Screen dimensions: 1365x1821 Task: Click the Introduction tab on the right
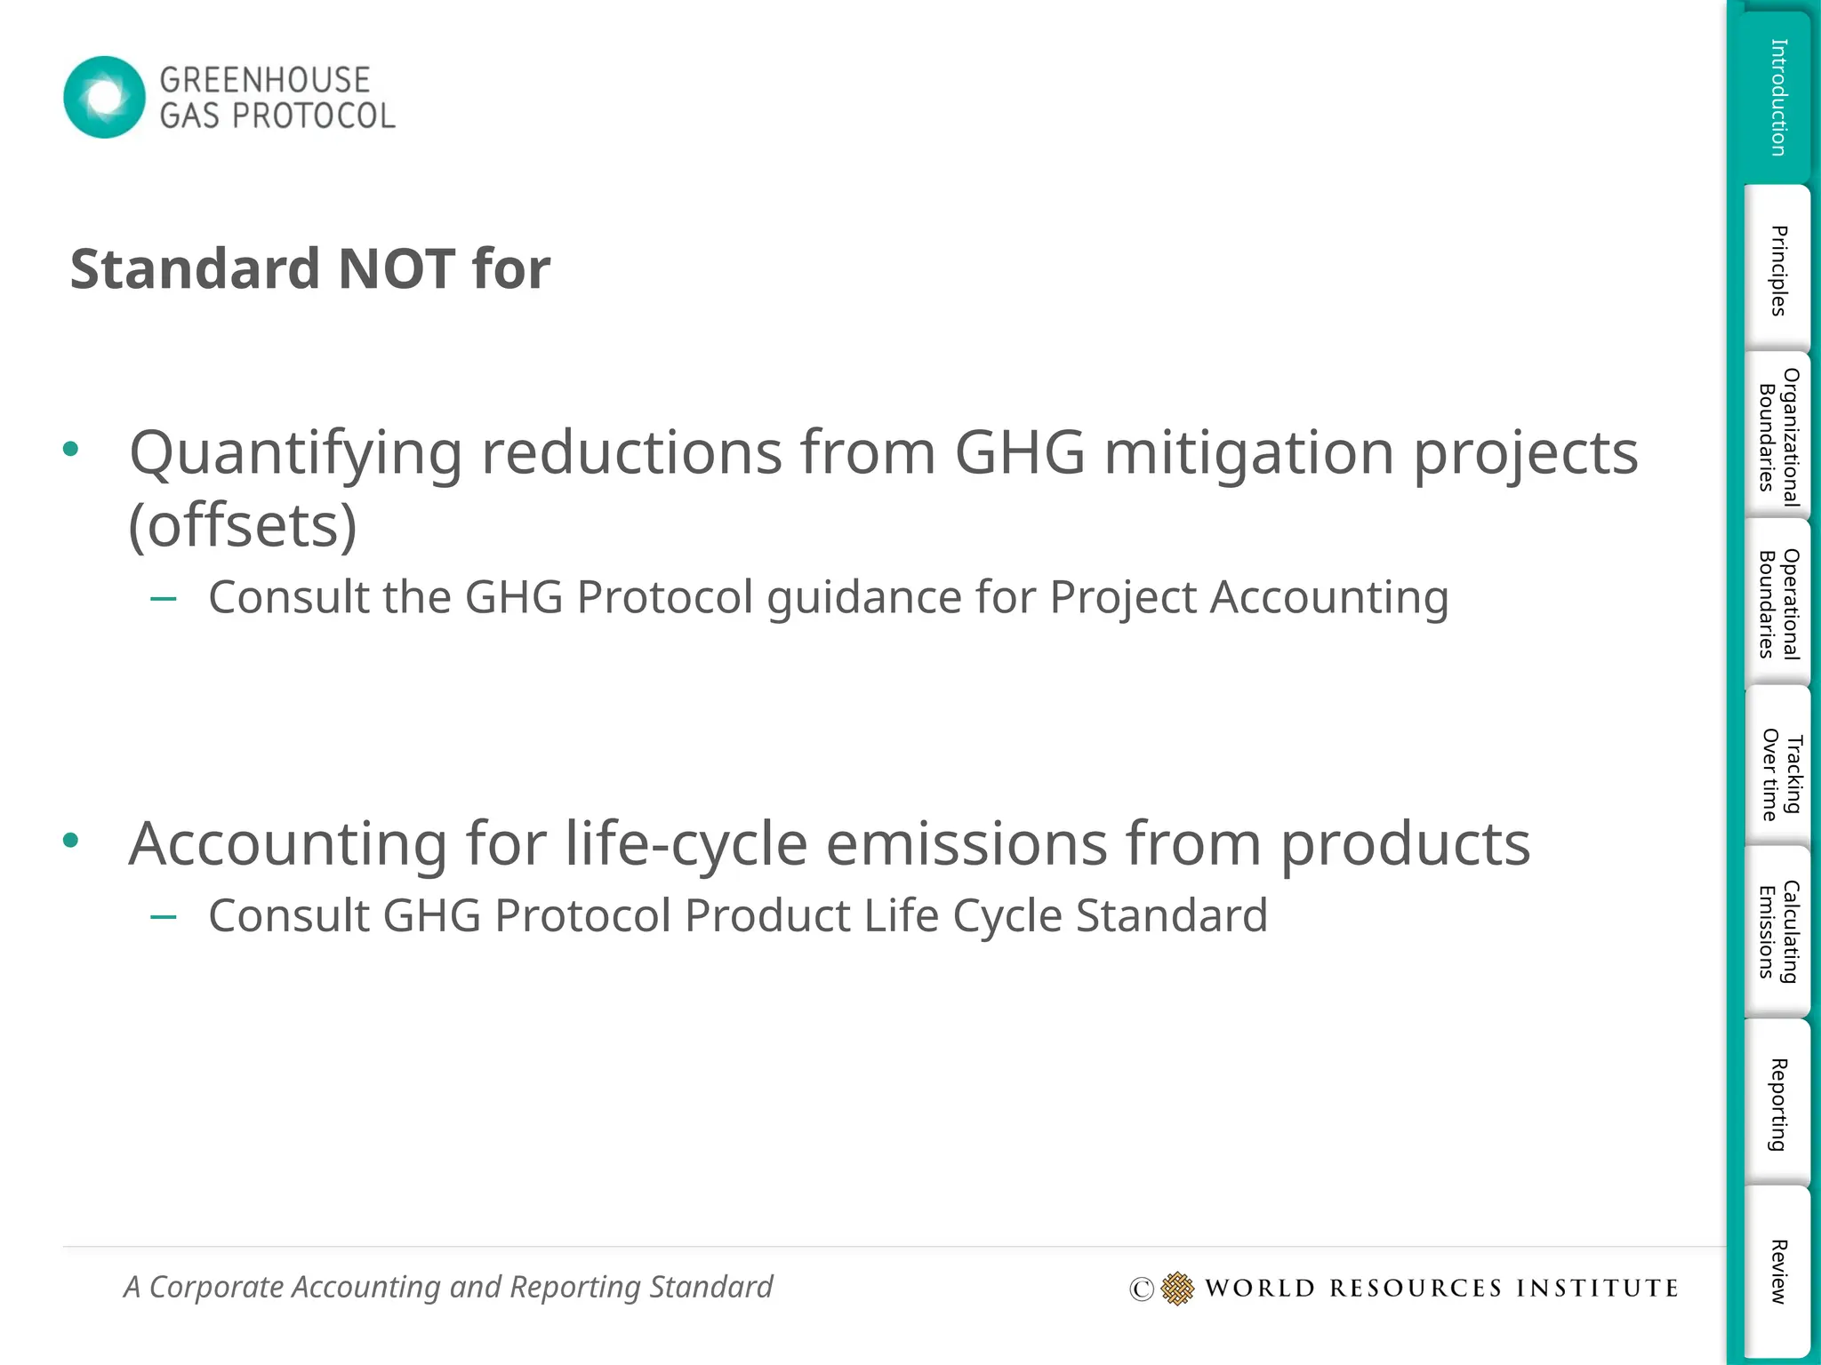(1777, 97)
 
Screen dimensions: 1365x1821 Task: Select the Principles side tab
(1777, 270)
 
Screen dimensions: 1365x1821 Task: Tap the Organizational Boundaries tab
(1777, 436)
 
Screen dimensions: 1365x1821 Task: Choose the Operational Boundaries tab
(1777, 603)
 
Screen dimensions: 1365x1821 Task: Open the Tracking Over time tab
(1777, 773)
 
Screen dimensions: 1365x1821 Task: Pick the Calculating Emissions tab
(1777, 930)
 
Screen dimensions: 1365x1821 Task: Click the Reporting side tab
(1777, 1105)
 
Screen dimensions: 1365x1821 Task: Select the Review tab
(1777, 1271)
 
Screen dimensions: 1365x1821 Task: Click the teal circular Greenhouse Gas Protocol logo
(104, 97)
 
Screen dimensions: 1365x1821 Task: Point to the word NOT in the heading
(397, 268)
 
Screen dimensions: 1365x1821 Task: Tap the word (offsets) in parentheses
(243, 526)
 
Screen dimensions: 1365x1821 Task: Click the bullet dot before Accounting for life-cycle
(71, 840)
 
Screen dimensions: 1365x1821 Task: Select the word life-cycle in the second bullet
(686, 844)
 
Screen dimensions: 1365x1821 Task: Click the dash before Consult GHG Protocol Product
(164, 916)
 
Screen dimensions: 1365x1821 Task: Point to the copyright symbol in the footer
(1141, 1289)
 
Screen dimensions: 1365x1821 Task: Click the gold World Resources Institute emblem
(1177, 1288)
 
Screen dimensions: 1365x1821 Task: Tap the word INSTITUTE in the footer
(1597, 1289)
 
